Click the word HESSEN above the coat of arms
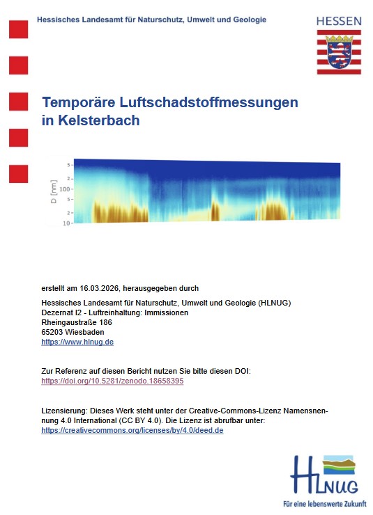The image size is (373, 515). point(339,22)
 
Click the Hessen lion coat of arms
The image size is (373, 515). point(340,51)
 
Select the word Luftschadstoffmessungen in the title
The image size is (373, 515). point(213,102)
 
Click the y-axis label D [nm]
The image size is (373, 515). point(54,192)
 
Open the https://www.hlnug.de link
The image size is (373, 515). point(77,342)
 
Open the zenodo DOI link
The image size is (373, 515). point(112,381)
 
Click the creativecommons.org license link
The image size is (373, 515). point(132,431)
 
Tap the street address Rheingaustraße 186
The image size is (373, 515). point(76,322)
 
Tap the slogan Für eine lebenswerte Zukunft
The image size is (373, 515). point(326,502)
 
